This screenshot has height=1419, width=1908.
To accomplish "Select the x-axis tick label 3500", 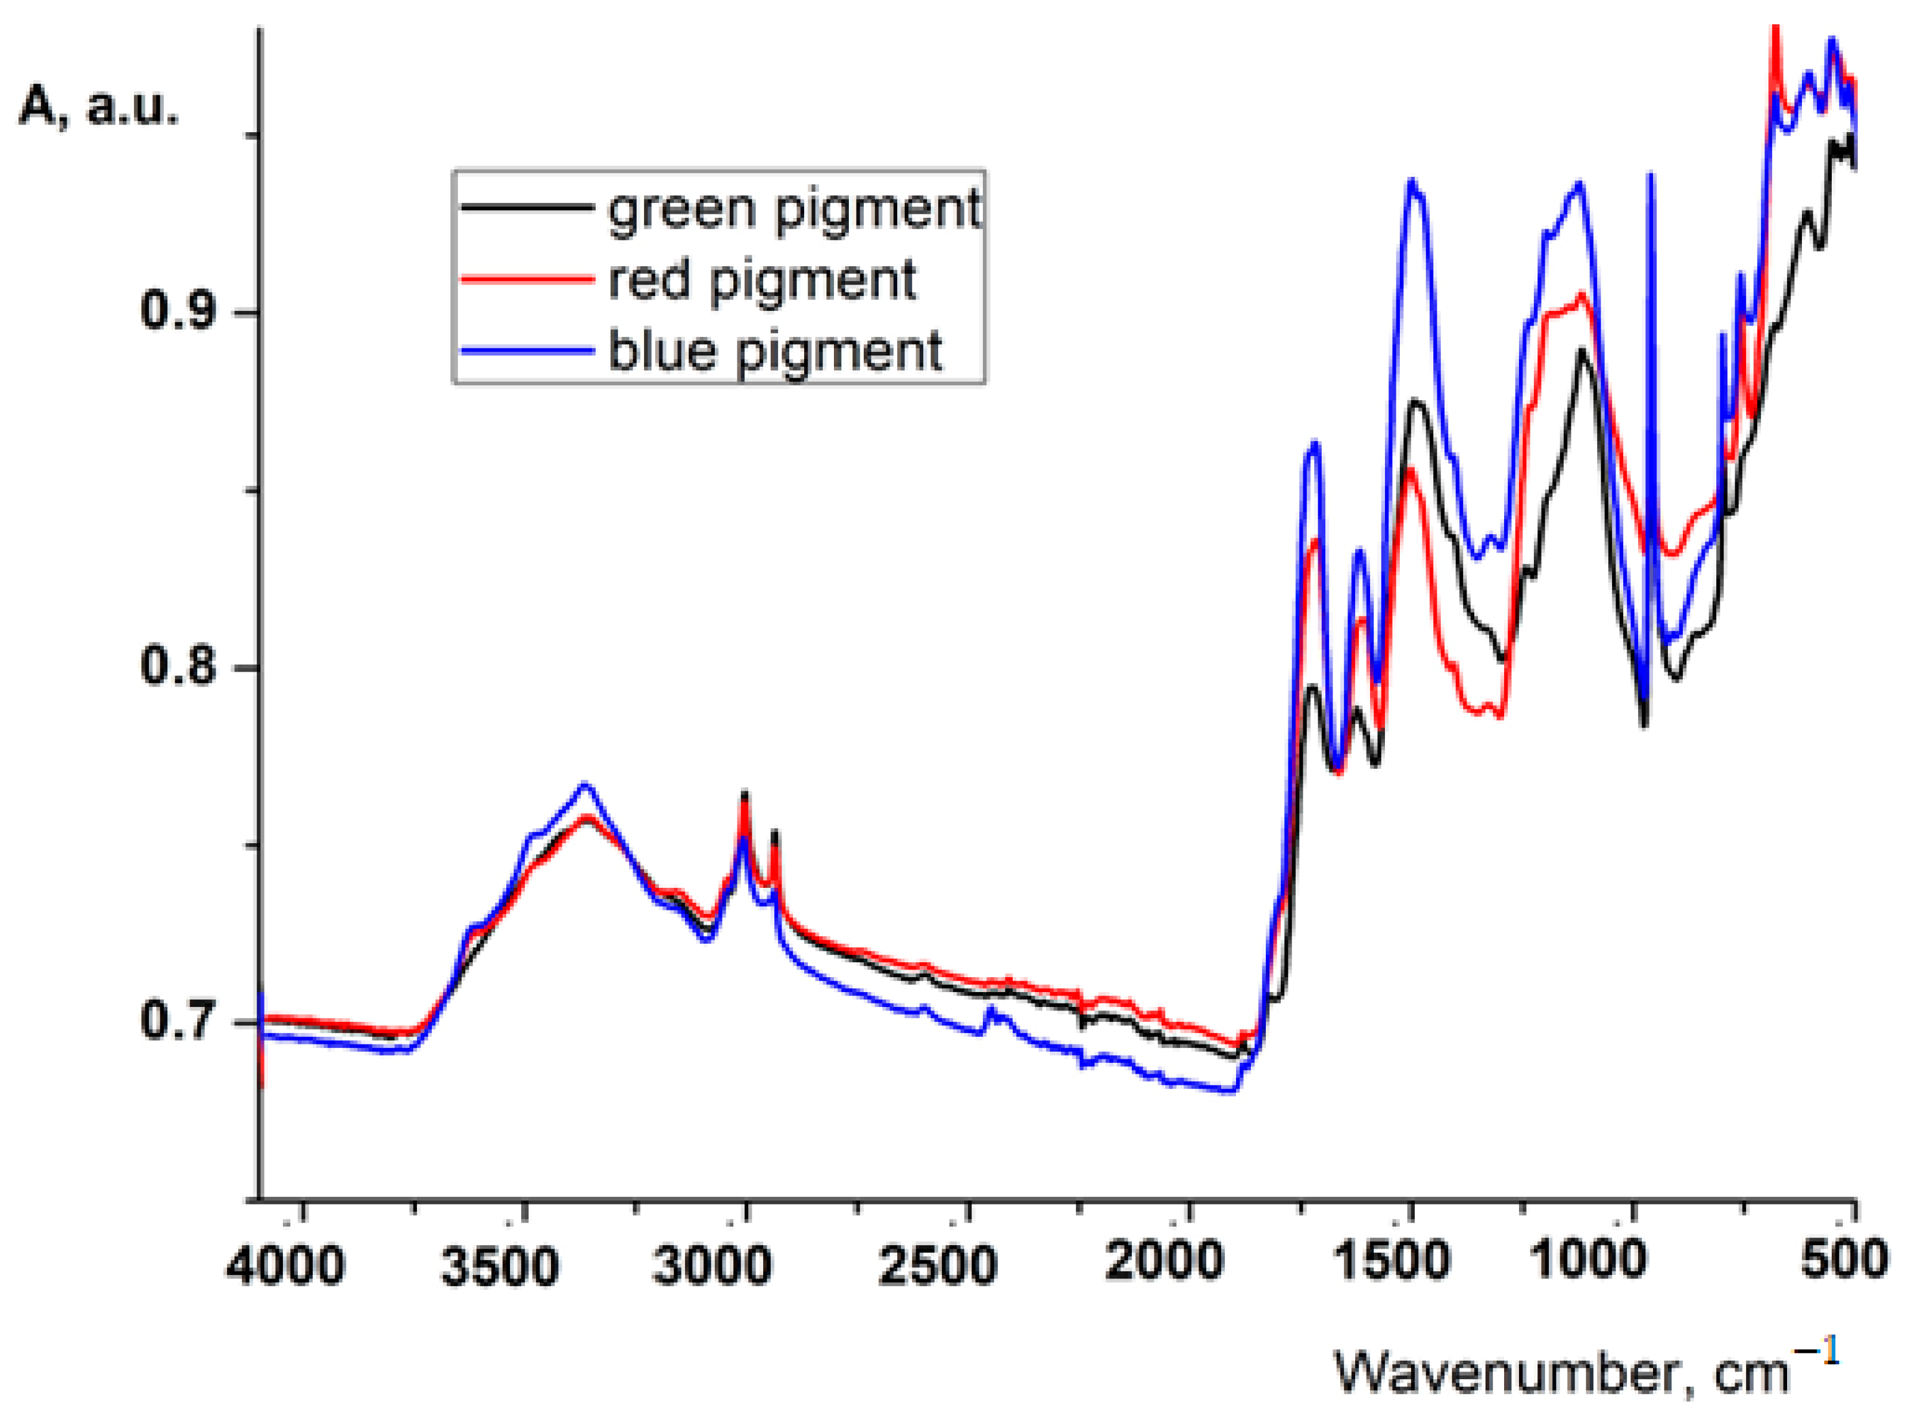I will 499,1266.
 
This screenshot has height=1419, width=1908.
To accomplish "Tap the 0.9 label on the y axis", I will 177,310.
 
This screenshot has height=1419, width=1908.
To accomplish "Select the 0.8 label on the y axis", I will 177,666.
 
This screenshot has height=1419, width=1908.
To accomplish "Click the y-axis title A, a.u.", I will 99,107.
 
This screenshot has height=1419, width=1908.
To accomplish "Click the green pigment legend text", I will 794,209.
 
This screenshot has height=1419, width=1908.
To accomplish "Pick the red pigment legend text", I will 762,280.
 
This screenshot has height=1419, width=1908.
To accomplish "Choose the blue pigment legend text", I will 775,351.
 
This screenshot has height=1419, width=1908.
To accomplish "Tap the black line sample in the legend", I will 527,207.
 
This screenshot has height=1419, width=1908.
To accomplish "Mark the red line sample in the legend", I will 527,278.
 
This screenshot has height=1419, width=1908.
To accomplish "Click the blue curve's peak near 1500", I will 1411,182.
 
